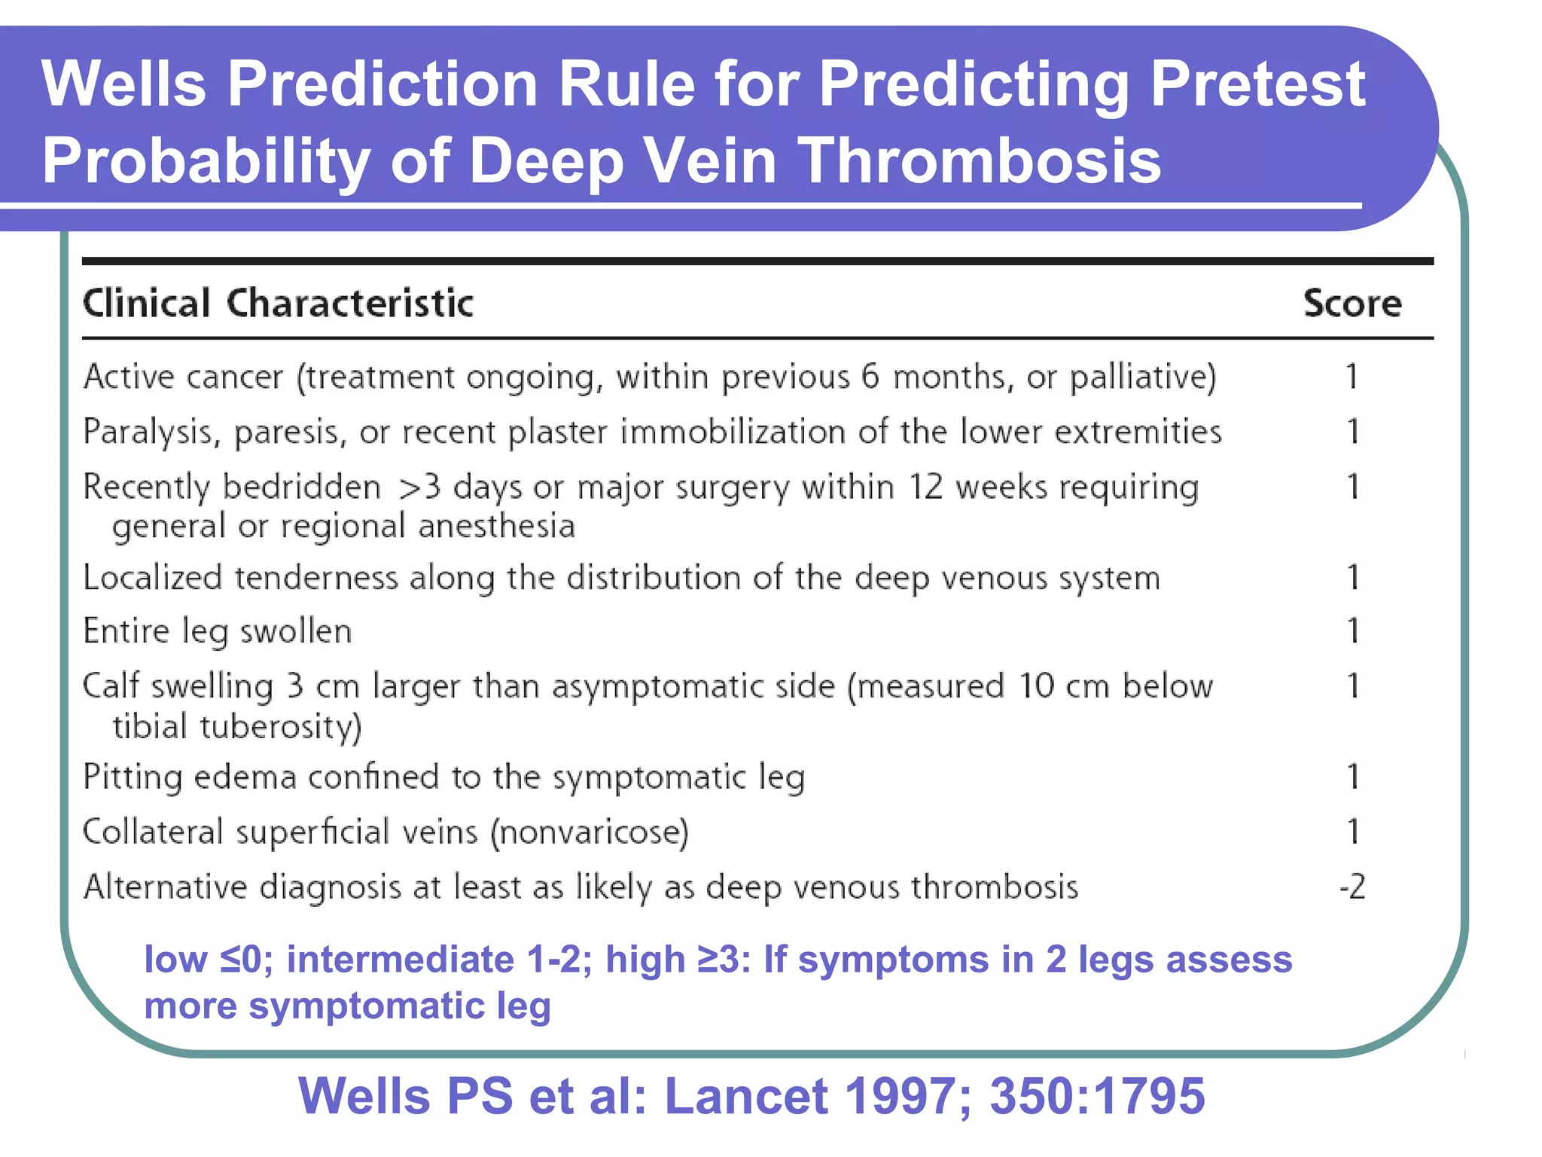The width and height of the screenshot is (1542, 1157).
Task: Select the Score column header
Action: [x=1352, y=304]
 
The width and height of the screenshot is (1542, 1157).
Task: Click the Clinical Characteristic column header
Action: [x=278, y=304]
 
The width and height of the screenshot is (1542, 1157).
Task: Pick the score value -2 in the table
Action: [x=1352, y=887]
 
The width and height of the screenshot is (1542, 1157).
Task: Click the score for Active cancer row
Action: [x=1352, y=376]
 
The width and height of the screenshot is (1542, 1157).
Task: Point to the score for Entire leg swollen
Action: [x=1353, y=630]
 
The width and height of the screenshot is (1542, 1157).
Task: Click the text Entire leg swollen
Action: [x=217, y=631]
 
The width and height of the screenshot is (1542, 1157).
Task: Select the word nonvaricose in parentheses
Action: [x=590, y=832]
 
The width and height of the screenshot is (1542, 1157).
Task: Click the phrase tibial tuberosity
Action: [x=236, y=727]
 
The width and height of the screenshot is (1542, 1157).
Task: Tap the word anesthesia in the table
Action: [x=496, y=526]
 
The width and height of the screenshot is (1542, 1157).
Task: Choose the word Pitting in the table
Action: [x=133, y=777]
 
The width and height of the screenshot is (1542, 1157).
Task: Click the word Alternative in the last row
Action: [x=165, y=887]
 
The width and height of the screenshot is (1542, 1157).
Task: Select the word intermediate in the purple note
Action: [x=400, y=960]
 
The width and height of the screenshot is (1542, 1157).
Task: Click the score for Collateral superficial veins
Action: [x=1353, y=832]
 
